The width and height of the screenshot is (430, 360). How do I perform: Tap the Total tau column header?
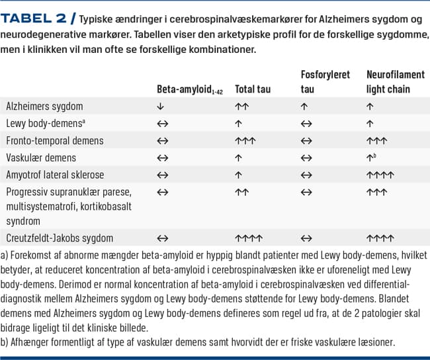[253, 89]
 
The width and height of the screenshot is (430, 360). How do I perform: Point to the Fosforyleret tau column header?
[325, 81]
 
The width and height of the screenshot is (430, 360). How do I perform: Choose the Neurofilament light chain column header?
[395, 81]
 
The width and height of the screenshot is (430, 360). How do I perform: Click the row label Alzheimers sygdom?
[44, 106]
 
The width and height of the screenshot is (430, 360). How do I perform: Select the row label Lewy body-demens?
[46, 123]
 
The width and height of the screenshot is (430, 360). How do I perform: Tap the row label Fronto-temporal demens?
[55, 140]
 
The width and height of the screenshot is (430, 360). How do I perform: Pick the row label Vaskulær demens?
[41, 157]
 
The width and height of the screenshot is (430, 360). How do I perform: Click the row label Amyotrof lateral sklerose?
[55, 175]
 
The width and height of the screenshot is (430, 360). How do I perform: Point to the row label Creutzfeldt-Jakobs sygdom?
[60, 238]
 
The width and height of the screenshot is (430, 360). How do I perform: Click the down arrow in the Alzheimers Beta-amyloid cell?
[161, 106]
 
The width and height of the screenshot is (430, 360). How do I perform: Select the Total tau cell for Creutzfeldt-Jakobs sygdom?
[249, 238]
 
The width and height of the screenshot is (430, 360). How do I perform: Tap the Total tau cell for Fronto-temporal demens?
[245, 141]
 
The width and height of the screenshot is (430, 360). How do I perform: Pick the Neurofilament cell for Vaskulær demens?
[372, 157]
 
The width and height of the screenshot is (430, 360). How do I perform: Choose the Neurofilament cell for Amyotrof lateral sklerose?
[380, 175]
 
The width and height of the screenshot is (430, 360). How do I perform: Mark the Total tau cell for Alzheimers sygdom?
[241, 106]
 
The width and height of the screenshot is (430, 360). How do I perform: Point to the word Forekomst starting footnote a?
[34, 255]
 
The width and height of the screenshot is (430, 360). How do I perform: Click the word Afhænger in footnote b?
[34, 343]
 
